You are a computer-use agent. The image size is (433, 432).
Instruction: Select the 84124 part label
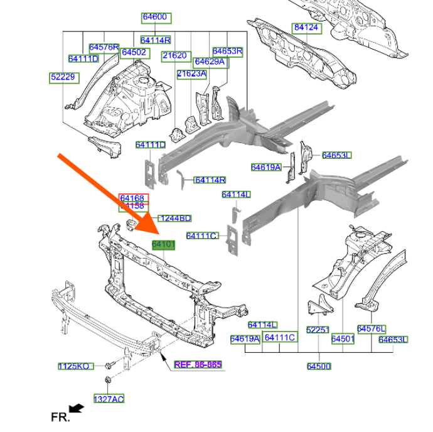tap(306, 28)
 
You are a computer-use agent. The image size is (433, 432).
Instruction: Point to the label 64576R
tap(104, 47)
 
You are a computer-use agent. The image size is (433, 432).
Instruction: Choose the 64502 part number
tap(134, 53)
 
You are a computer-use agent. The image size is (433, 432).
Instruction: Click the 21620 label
tap(174, 55)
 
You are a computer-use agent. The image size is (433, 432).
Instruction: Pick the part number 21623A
tap(191, 73)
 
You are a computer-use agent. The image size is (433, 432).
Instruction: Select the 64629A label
tap(210, 62)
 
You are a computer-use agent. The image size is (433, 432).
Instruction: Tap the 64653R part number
tap(227, 51)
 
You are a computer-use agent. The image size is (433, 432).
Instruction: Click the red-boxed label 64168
tap(132, 198)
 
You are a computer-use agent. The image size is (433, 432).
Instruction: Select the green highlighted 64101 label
tap(163, 244)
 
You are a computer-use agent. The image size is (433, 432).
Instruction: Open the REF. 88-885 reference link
tap(198, 364)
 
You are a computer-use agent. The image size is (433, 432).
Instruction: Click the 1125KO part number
tap(73, 366)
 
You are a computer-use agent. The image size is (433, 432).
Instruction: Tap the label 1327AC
tap(109, 399)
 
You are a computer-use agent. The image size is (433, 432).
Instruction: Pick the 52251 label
tap(318, 329)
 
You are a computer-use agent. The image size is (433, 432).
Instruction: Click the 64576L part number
tap(372, 328)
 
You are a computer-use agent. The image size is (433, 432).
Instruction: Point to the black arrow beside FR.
tap(77, 409)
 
